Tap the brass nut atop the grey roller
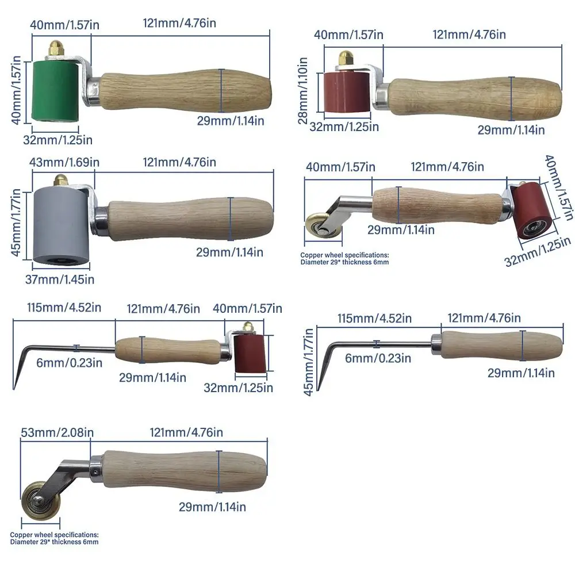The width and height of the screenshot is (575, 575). (59, 180)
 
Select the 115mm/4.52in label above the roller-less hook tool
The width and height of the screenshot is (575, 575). (374, 319)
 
